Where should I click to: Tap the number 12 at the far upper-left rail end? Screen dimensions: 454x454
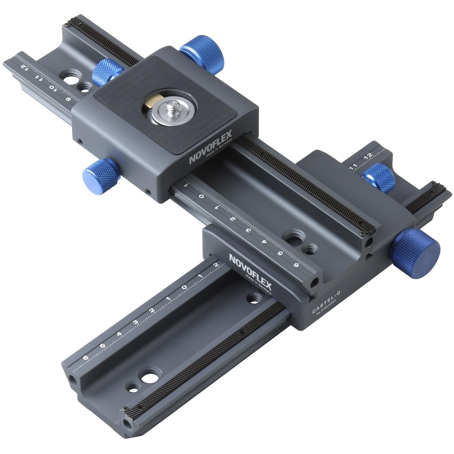pyautogui.click(x=24, y=66)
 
